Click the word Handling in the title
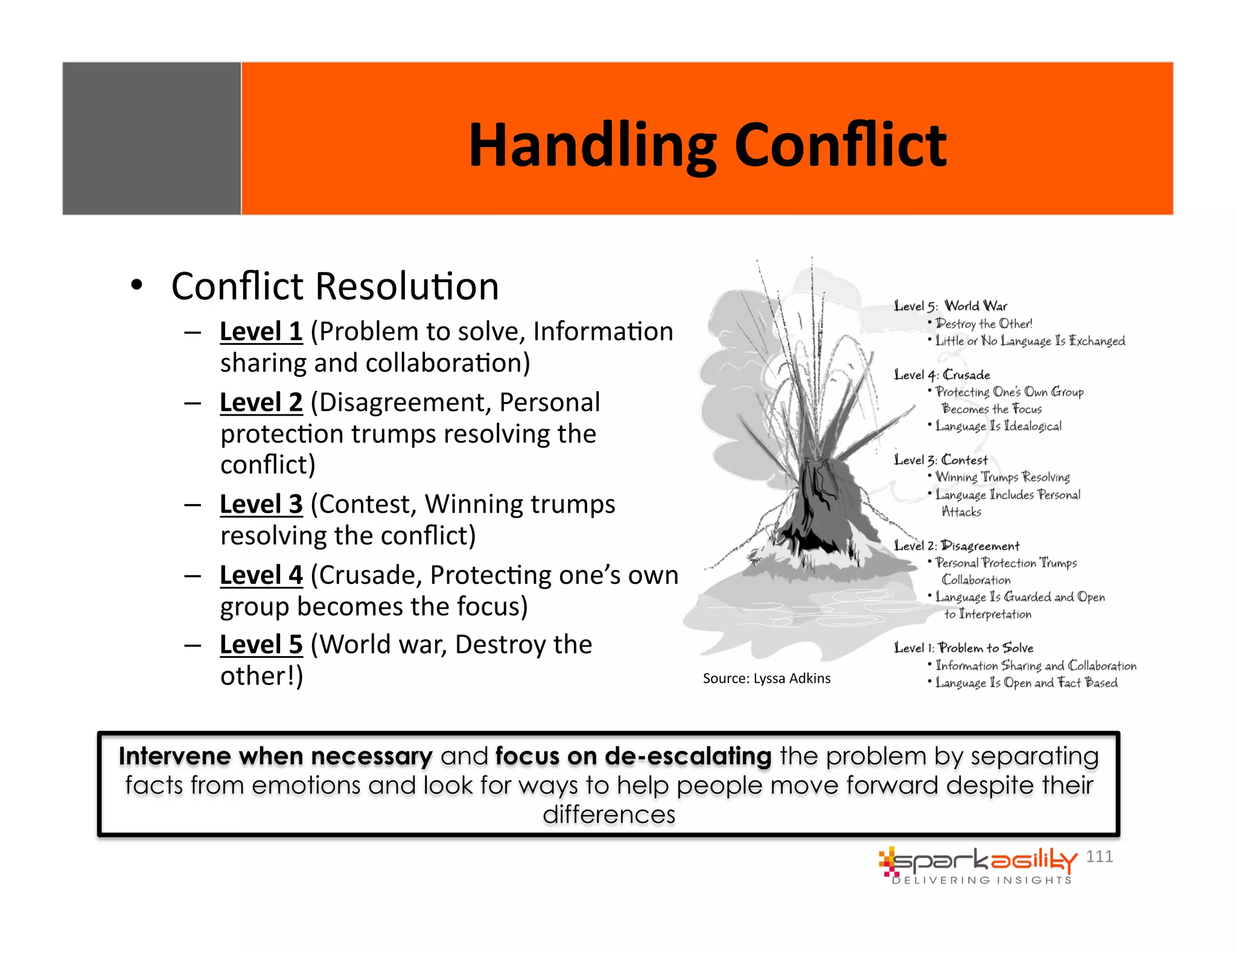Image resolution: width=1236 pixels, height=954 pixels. point(591,146)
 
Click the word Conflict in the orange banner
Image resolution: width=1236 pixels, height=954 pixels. point(840,146)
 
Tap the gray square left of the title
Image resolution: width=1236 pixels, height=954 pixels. point(151,138)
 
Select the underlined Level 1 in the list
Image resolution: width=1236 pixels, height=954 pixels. point(261,332)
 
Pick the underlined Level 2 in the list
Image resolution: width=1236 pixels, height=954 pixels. point(261,402)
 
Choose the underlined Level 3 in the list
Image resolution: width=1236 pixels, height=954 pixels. point(261,504)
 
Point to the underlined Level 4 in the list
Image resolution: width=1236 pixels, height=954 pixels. point(261,575)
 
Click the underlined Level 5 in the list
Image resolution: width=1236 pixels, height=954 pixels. point(261,645)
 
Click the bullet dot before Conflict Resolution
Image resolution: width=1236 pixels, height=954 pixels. point(137,285)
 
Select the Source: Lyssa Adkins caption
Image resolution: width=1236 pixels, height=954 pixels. point(766,678)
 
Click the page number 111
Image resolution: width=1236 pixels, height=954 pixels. point(1099,856)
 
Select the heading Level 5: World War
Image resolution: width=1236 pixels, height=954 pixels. point(951,306)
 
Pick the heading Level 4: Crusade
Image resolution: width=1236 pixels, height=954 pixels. point(942,374)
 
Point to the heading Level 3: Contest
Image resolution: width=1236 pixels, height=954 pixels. point(941,460)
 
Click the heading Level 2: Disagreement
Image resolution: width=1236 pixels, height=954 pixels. point(957,546)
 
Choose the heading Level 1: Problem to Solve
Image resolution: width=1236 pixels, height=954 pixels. point(963,648)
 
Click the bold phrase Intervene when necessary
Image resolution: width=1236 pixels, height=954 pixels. point(275,756)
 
